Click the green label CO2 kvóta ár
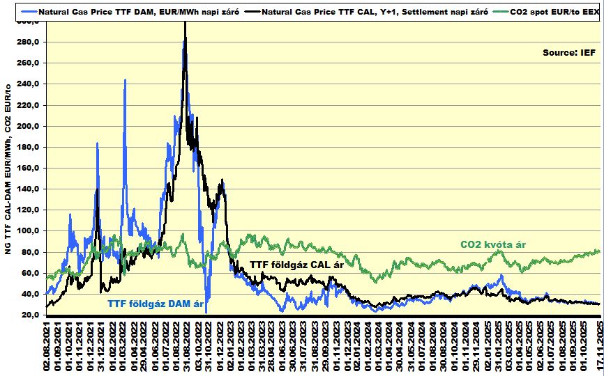(492, 245)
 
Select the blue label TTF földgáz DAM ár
(160, 303)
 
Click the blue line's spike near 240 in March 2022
(125, 80)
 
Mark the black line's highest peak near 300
(185, 23)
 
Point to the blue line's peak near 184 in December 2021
(97, 143)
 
